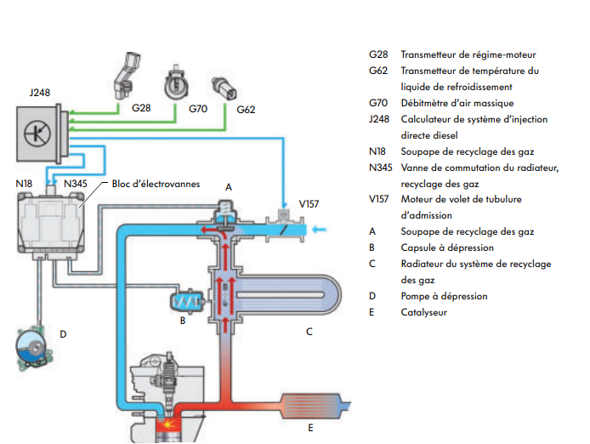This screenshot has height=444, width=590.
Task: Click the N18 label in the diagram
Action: (x=24, y=183)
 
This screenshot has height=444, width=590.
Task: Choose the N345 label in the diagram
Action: (x=74, y=183)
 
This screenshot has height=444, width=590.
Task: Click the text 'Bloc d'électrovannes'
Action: (x=156, y=183)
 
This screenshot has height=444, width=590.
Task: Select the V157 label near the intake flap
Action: (x=310, y=204)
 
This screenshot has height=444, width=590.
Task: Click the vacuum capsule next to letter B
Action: (x=186, y=299)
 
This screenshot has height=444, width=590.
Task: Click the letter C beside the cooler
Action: (x=309, y=333)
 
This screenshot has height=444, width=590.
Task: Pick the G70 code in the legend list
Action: (x=378, y=103)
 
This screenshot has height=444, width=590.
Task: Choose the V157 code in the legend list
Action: (x=380, y=199)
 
